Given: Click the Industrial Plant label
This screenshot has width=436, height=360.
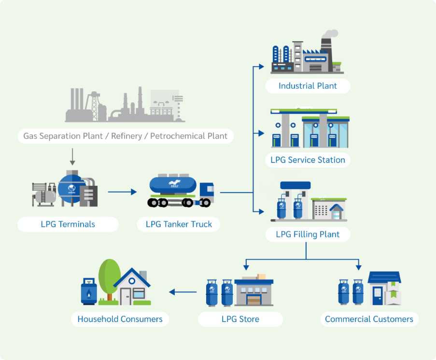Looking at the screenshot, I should [x=308, y=86].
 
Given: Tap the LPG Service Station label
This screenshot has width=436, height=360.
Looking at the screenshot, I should [x=308, y=160].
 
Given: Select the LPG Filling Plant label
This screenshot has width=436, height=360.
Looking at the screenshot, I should [x=308, y=235].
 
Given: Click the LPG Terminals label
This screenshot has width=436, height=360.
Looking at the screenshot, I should [x=68, y=224].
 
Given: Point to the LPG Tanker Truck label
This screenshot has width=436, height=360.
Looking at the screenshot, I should [x=179, y=224].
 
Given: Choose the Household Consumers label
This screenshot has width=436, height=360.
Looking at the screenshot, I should [x=120, y=319].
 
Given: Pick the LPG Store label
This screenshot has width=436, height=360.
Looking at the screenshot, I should [x=240, y=319].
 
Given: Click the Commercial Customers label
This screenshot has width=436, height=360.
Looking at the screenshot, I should [x=369, y=319].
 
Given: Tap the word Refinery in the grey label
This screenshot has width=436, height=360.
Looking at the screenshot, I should [x=127, y=136].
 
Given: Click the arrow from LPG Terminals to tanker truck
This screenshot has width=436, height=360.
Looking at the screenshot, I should [x=123, y=192].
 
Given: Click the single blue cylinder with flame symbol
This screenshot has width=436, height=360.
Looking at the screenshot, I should [x=89, y=291].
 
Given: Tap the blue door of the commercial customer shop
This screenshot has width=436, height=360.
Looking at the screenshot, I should [x=377, y=294].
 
